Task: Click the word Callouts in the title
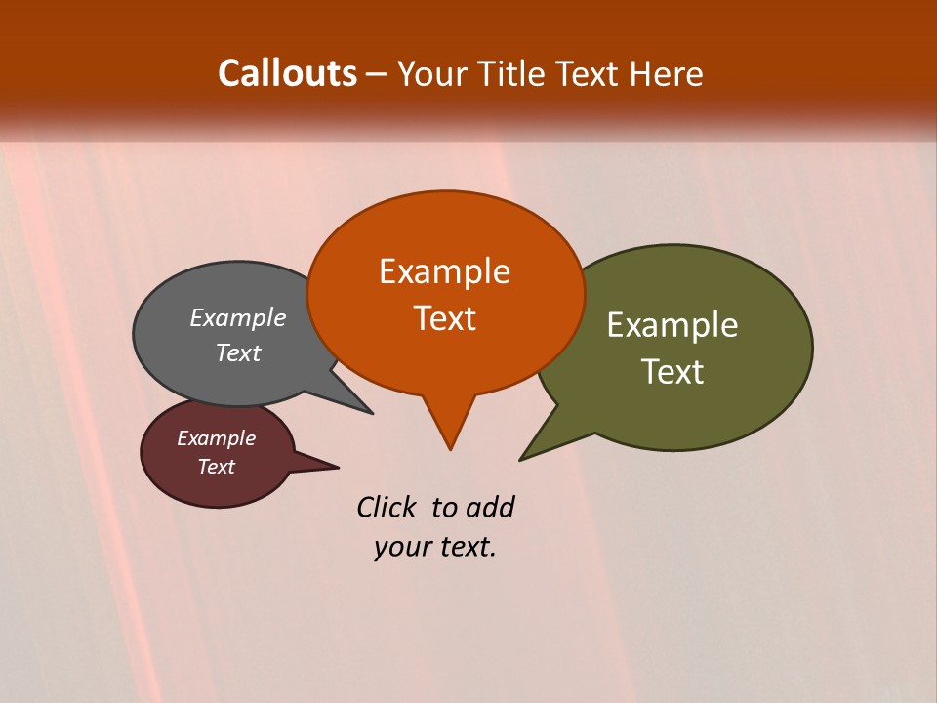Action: click(x=287, y=73)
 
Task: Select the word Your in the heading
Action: click(x=430, y=73)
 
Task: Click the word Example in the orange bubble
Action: click(x=444, y=271)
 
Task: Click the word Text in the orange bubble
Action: click(x=444, y=318)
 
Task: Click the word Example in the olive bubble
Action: click(x=672, y=325)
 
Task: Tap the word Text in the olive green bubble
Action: click(x=672, y=372)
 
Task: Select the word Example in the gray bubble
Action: click(x=238, y=318)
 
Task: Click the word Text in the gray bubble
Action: click(x=238, y=353)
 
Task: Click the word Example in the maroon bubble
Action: click(x=216, y=439)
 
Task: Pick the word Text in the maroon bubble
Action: click(x=216, y=467)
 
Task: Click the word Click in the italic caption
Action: click(x=386, y=508)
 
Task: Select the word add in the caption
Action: click(x=490, y=508)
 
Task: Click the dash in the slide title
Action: click(x=377, y=74)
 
